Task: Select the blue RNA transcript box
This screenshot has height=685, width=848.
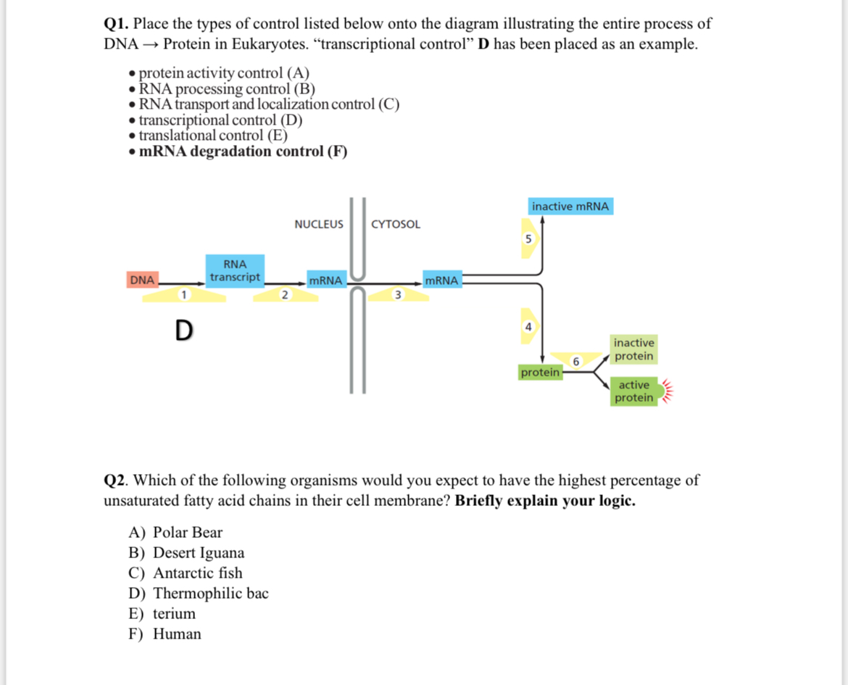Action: point(235,271)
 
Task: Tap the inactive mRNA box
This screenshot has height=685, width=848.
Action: point(570,207)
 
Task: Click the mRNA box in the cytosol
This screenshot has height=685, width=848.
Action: point(441,281)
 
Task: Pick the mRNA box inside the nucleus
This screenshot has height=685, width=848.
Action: point(325,281)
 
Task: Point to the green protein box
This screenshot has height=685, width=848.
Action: point(541,372)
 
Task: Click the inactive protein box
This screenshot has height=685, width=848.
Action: point(634,349)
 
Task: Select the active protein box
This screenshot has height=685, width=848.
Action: point(634,391)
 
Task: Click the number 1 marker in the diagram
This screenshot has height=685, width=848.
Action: point(185,294)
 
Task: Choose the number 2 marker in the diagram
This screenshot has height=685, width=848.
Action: point(285,294)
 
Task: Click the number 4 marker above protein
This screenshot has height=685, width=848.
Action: point(528,327)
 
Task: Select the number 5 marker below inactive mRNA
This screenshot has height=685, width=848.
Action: point(528,238)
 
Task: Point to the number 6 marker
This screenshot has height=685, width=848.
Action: point(576,360)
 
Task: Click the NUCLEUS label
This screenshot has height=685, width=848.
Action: point(319,225)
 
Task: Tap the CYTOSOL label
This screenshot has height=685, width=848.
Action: point(396,225)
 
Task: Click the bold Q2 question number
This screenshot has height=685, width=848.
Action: point(116,481)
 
